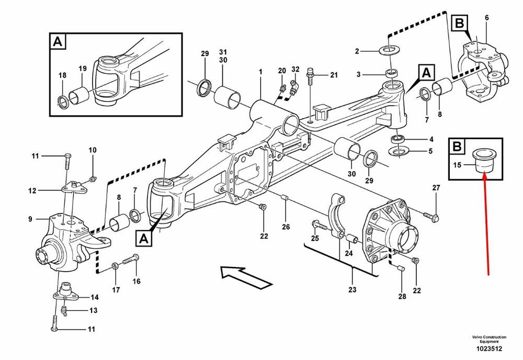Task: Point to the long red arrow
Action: pyautogui.click(x=486, y=225)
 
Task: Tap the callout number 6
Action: pyautogui.click(x=487, y=18)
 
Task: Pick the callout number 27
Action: pyautogui.click(x=436, y=188)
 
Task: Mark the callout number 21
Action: pyautogui.click(x=334, y=75)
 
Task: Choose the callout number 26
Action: pyautogui.click(x=286, y=227)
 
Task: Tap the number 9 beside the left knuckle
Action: pyautogui.click(x=30, y=219)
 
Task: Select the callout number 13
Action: pyautogui.click(x=93, y=310)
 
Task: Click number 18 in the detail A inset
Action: pyautogui.click(x=62, y=76)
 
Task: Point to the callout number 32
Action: pyautogui.click(x=295, y=70)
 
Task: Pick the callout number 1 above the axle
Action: pyautogui.click(x=260, y=71)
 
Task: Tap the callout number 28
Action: pyautogui.click(x=402, y=297)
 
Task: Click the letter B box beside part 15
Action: pyautogui.click(x=457, y=147)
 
